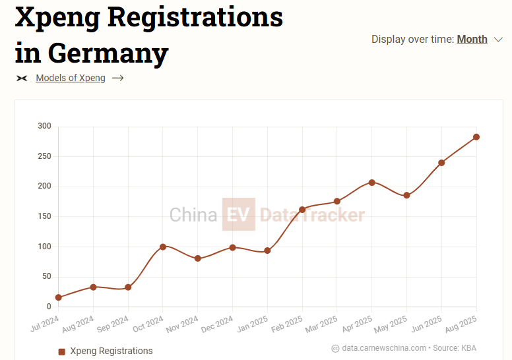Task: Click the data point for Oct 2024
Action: click(x=163, y=247)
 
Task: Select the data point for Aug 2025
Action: click(x=476, y=137)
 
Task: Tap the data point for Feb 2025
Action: click(x=302, y=210)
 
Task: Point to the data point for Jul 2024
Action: click(x=59, y=297)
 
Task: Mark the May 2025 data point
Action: click(x=406, y=195)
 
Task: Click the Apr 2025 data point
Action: click(x=372, y=182)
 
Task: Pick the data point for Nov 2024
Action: click(x=198, y=258)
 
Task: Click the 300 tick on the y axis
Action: click(x=44, y=126)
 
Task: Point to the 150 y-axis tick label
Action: click(x=44, y=216)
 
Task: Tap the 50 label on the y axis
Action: click(x=46, y=276)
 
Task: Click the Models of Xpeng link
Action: click(x=71, y=78)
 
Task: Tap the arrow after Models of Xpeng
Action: click(x=118, y=78)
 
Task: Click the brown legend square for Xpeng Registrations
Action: click(x=62, y=351)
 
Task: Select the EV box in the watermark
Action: click(x=238, y=214)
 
